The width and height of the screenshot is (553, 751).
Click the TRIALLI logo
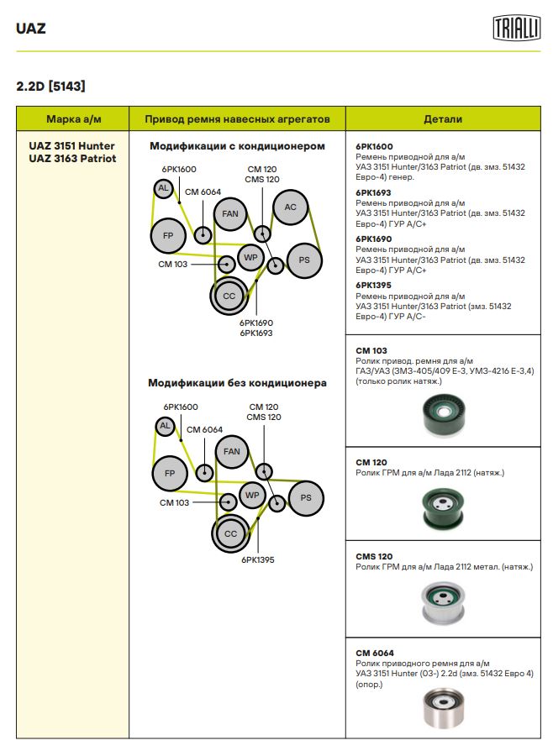pyautogui.click(x=515, y=29)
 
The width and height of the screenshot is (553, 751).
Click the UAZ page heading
pyautogui.click(x=31, y=29)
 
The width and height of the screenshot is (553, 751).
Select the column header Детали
pyautogui.click(x=443, y=119)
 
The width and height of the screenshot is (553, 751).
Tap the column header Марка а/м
pyautogui.click(x=73, y=119)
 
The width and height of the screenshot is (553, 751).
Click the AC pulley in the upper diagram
pyautogui.click(x=290, y=207)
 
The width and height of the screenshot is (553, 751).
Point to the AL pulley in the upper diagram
pyautogui.click(x=163, y=188)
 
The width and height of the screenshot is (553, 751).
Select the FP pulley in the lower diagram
pyautogui.click(x=169, y=473)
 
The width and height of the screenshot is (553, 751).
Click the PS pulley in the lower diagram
pyautogui.click(x=306, y=497)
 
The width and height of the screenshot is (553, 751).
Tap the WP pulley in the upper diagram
pyautogui.click(x=250, y=256)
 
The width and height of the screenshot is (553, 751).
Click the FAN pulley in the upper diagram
pyautogui.click(x=230, y=214)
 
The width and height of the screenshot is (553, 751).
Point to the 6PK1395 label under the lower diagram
pyautogui.click(x=257, y=559)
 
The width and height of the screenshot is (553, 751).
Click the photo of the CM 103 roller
pyautogui.click(x=443, y=414)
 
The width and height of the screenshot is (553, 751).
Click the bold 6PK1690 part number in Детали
pyautogui.click(x=374, y=238)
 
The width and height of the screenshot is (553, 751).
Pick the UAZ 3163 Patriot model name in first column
pyautogui.click(x=73, y=158)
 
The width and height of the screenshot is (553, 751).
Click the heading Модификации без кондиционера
pyautogui.click(x=237, y=383)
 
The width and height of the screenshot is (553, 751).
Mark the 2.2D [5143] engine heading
pyautogui.click(x=50, y=86)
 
